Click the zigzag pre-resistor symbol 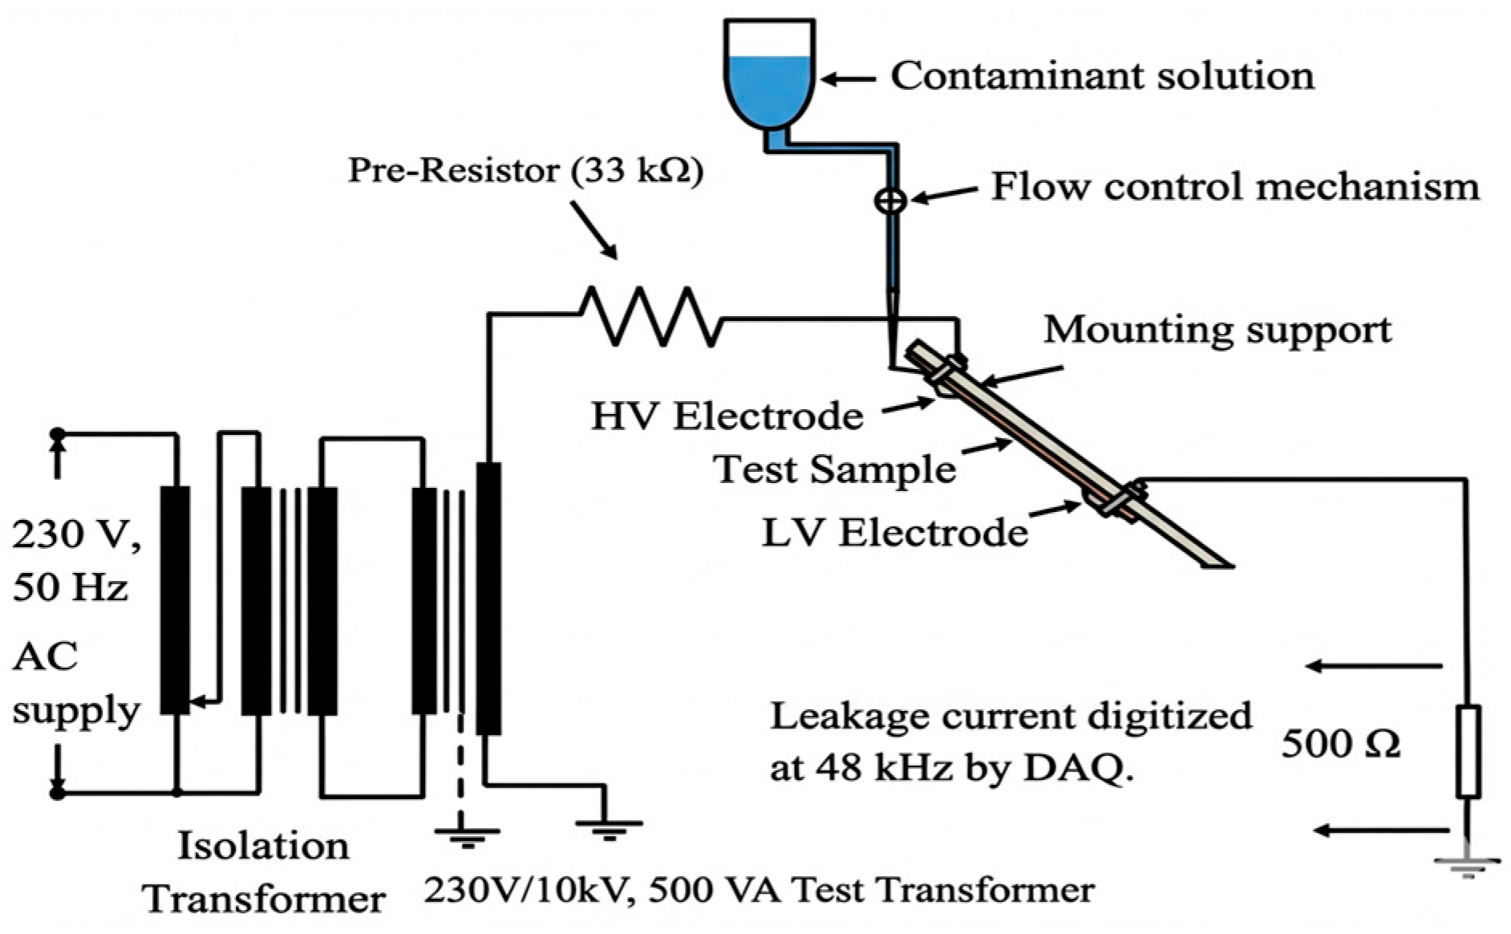650,316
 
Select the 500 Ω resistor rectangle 1468,751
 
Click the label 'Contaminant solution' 1103,77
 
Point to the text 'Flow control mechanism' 1235,186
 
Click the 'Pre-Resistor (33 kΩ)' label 525,171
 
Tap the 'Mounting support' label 1217,330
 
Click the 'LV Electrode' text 894,533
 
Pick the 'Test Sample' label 835,469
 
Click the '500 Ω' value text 1340,745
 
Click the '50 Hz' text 71,588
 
